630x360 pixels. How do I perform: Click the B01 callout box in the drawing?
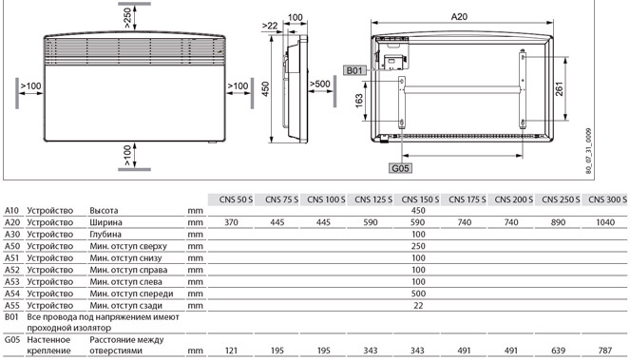point(354,70)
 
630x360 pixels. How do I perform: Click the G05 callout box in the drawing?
point(401,168)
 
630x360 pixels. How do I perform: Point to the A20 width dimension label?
point(459,16)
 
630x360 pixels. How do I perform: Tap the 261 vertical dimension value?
point(560,88)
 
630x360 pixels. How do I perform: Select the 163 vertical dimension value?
point(359,101)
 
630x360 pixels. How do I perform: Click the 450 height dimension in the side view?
point(265,88)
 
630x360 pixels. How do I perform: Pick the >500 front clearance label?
point(320,84)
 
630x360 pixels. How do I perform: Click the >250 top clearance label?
point(127,18)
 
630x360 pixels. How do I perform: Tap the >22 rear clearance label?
point(270,26)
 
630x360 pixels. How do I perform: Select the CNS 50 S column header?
point(236,199)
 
